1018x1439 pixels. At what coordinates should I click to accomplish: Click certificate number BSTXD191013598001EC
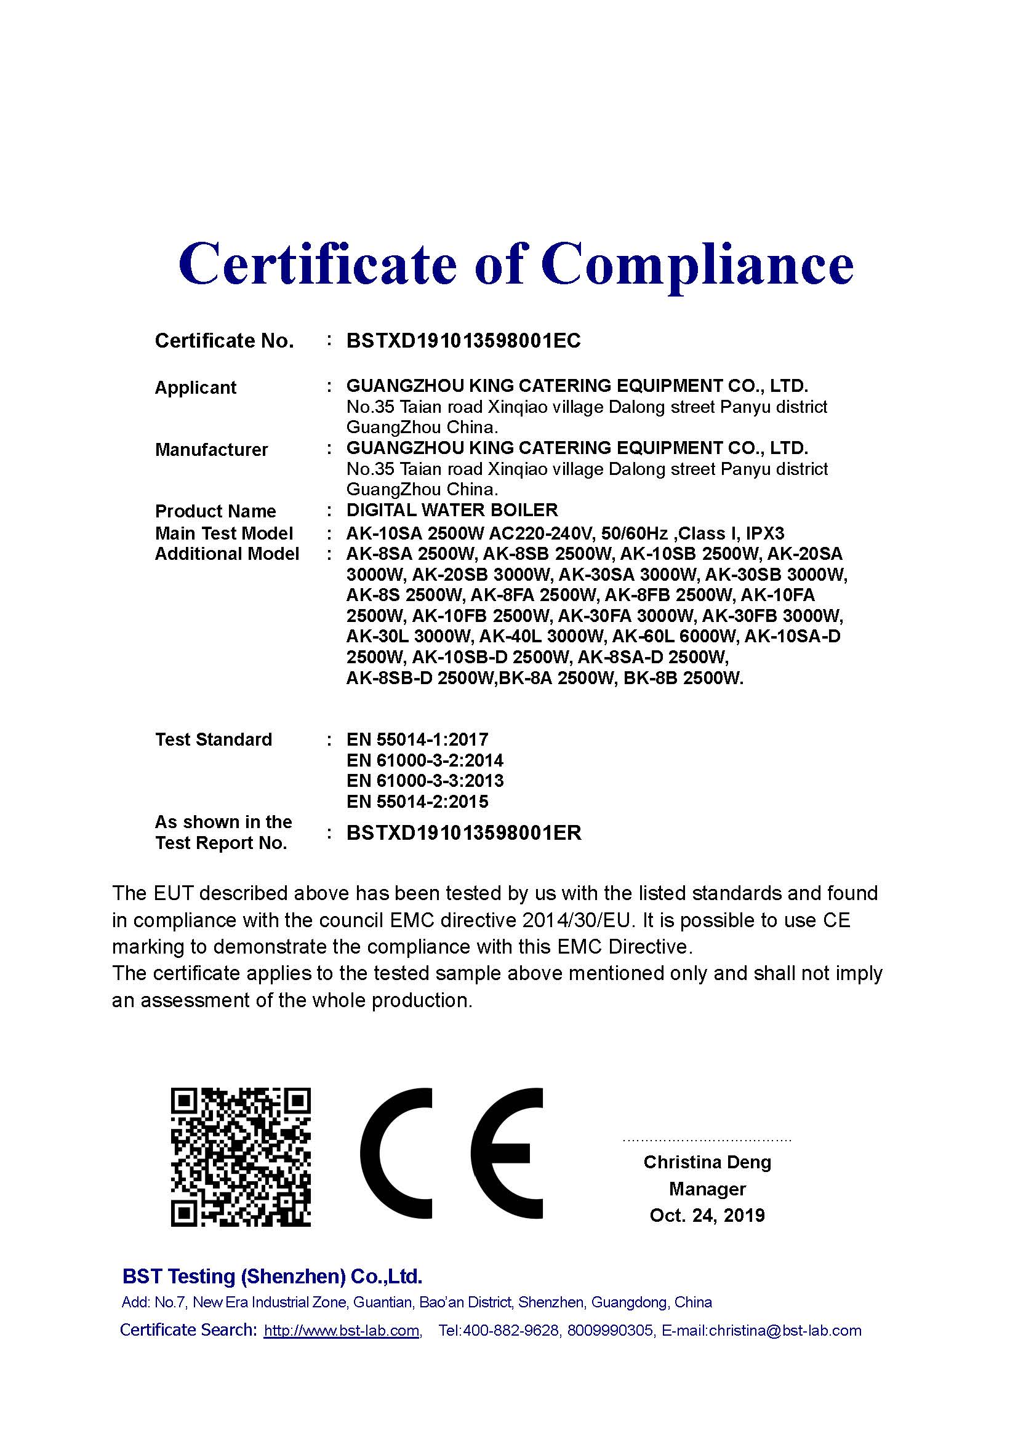[x=463, y=340]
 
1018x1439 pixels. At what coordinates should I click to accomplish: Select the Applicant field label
[x=195, y=388]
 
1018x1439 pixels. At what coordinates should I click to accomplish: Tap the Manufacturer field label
[x=211, y=449]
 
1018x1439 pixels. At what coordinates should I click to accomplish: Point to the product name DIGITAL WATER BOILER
[x=452, y=510]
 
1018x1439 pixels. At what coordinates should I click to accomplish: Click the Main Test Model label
[x=224, y=533]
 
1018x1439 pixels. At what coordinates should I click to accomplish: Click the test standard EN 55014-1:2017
[x=417, y=739]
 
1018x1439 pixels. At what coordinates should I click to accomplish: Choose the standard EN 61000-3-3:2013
[x=425, y=781]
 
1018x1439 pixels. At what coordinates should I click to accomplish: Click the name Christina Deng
[x=707, y=1162]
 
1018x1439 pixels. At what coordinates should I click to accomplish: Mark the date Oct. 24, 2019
[x=707, y=1215]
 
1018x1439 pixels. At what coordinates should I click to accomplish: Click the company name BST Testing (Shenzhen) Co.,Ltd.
[x=272, y=1276]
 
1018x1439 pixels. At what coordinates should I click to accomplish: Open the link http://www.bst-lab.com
[x=342, y=1330]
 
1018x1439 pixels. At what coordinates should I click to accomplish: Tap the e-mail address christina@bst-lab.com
[x=785, y=1330]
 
